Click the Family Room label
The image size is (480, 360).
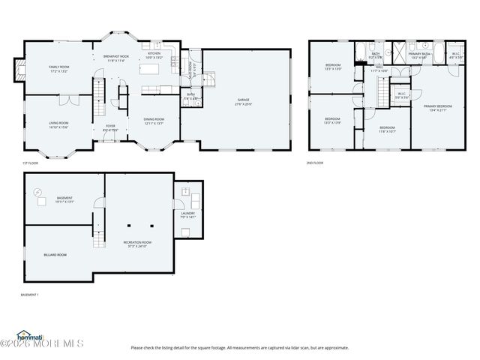click(58, 67)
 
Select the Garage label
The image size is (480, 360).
click(244, 99)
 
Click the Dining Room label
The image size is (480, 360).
click(154, 118)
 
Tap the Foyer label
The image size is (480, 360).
click(110, 125)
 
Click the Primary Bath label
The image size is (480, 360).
click(418, 53)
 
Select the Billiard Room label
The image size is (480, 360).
click(55, 254)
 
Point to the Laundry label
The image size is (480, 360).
click(187, 213)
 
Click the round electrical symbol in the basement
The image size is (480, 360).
click(39, 192)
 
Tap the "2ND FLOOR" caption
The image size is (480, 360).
click(314, 163)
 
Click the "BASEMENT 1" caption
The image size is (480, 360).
click(30, 295)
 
